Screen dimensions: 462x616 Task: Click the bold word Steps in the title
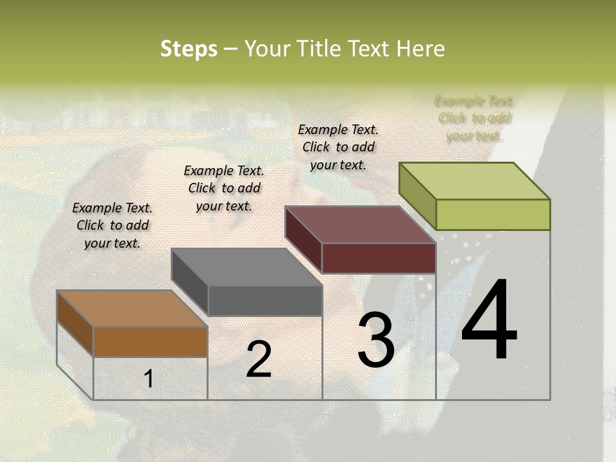189,49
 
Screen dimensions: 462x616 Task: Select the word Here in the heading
420,49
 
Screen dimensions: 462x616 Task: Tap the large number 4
489,321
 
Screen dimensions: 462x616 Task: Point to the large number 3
376,341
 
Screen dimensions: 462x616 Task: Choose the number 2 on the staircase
259,360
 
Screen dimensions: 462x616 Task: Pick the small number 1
149,379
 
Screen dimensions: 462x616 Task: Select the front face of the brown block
150,341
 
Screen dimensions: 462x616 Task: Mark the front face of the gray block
264,300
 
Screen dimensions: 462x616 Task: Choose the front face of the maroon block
379,258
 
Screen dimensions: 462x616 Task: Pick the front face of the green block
493,214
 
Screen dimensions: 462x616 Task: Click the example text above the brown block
112,226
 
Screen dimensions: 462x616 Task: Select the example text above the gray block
224,189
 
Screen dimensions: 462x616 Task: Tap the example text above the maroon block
338,147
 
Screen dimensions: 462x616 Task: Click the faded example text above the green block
474,119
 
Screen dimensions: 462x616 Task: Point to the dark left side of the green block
418,196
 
